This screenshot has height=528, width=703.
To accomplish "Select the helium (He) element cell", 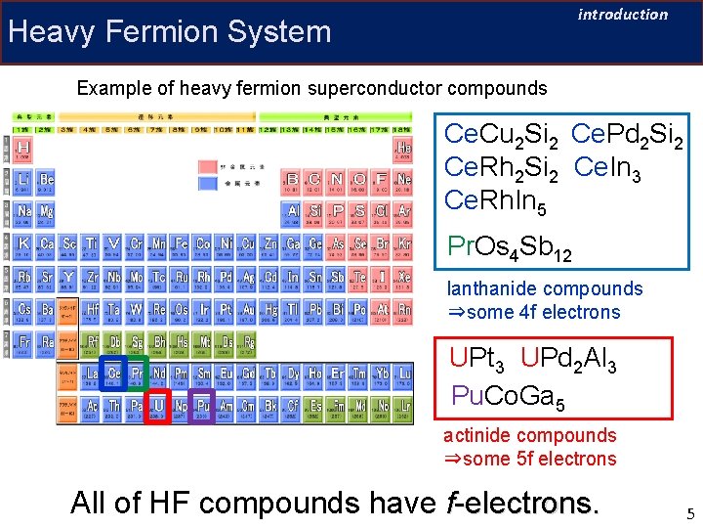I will tap(403, 149).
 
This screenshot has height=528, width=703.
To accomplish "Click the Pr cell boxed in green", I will tap(137, 374).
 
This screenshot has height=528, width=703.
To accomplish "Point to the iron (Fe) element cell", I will tap(179, 243).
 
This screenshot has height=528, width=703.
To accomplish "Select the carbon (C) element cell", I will tap(313, 180).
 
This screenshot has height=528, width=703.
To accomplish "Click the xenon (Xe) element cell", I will tap(403, 277).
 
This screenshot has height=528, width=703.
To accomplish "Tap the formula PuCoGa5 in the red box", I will tap(508, 396).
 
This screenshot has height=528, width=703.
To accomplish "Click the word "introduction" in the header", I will tap(623, 15).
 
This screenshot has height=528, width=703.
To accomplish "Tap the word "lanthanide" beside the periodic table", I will tap(494, 288).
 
